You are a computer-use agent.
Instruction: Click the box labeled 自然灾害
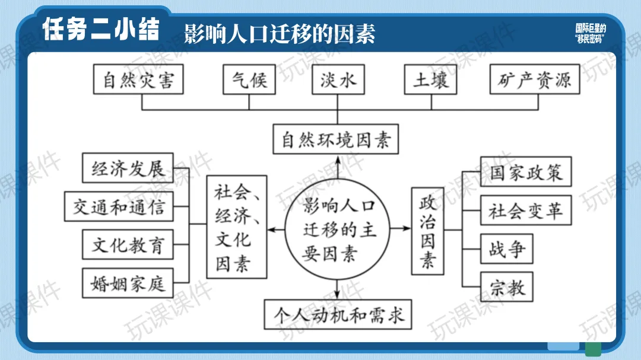tap(138, 79)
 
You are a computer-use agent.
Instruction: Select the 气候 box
tap(249, 79)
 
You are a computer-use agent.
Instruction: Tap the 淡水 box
tap(338, 79)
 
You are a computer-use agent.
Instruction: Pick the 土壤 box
tap(431, 79)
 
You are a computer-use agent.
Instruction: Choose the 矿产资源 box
tap(534, 79)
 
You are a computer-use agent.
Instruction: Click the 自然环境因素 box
tap(336, 140)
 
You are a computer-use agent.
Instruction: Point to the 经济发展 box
tap(127, 168)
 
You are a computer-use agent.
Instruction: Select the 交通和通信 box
tap(119, 206)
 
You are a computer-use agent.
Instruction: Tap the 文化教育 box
tap(127, 244)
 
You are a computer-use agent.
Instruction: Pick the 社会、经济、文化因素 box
tap(236, 227)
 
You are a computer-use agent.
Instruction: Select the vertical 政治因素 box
tap(428, 230)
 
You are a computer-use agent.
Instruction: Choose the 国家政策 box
tap(525, 172)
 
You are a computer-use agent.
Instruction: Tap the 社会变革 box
tap(525, 210)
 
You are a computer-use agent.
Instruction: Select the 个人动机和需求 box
tap(338, 314)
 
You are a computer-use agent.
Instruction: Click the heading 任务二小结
tap(101, 30)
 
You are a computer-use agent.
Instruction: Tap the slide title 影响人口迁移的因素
tap(280, 33)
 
